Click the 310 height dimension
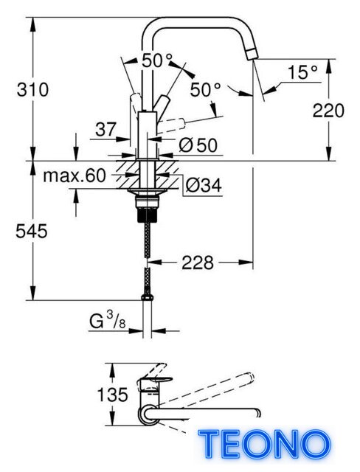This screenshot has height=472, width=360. point(32,90)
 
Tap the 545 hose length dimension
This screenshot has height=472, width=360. point(32,231)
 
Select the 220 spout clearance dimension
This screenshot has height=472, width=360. point(328,110)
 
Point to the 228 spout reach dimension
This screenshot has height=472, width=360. point(198,263)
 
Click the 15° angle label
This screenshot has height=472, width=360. point(302,72)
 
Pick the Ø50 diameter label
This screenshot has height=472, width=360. point(198,146)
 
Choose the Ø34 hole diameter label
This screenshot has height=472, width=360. point(204,185)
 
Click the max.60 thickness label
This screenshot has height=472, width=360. point(75,176)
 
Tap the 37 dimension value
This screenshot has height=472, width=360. point(105,130)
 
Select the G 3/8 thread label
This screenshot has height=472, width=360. point(108,322)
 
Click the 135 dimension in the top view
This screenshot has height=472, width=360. point(113,395)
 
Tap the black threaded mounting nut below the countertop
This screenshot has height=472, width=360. point(147,215)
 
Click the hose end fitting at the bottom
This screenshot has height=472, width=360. point(147,297)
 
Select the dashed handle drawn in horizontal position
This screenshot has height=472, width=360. point(172,123)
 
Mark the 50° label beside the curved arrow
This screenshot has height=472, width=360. point(206,89)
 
